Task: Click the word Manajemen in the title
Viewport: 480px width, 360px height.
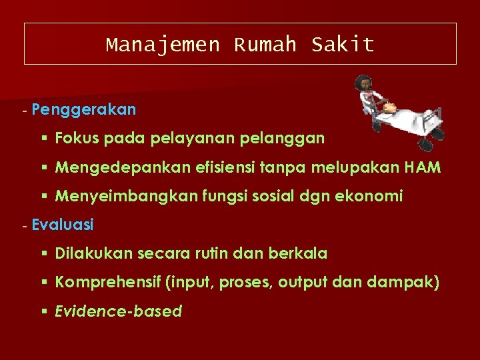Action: point(163,45)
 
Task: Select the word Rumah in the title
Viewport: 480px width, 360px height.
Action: point(265,45)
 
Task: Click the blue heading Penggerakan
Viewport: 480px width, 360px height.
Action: point(83,109)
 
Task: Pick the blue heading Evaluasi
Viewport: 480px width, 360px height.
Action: point(63,225)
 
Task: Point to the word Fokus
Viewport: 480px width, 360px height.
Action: point(76,138)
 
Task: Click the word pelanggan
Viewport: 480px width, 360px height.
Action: point(287,139)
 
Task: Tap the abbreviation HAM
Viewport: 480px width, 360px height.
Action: point(423,167)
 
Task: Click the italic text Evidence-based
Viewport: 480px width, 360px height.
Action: point(119,311)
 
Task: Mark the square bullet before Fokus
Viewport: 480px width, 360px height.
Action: point(43,139)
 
